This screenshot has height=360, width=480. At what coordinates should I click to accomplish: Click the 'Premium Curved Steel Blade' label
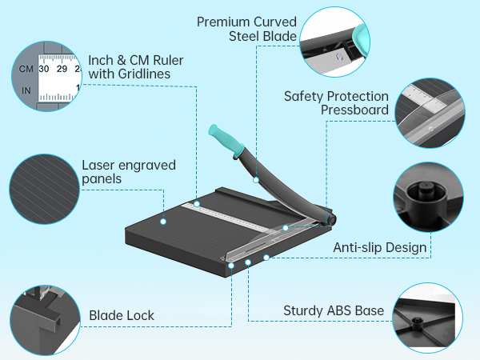(246, 28)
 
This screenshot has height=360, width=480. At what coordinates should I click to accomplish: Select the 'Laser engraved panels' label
(129, 172)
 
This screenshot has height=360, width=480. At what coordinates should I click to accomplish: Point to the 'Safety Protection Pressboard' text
(336, 103)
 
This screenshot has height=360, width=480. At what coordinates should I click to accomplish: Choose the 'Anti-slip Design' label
(379, 247)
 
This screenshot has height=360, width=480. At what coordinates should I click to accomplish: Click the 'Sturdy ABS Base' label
(334, 310)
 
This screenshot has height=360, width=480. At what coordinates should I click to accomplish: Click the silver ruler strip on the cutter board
(240, 217)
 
